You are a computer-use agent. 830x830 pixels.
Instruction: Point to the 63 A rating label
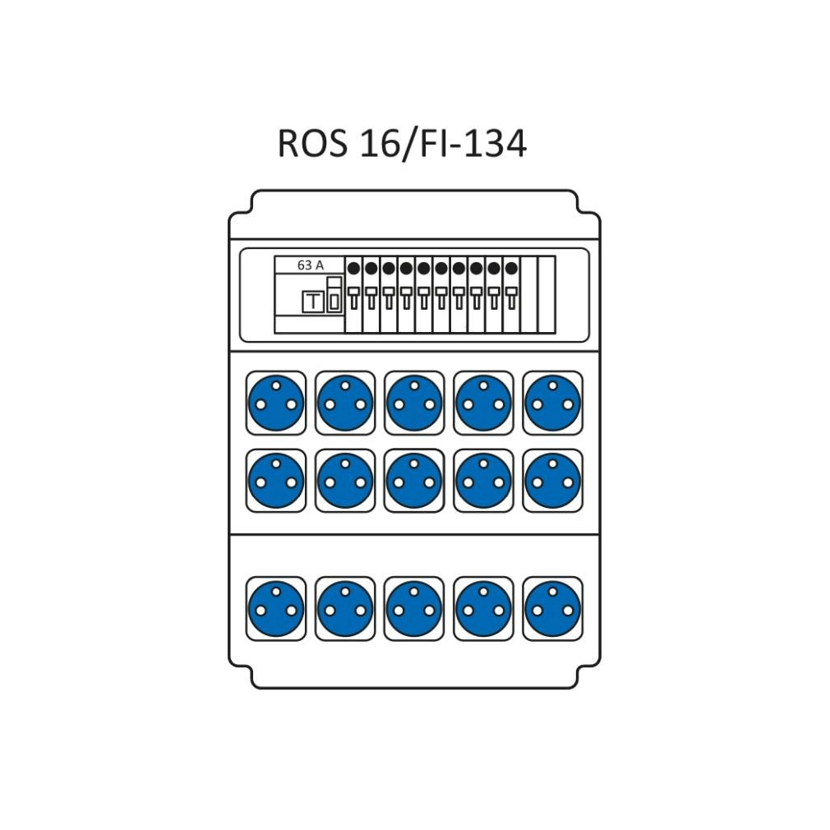coord(310,265)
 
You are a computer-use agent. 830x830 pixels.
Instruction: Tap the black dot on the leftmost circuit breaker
coord(353,268)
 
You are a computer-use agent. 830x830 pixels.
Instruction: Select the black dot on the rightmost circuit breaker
coord(510,268)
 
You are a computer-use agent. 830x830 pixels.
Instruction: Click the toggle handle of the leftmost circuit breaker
coord(353,297)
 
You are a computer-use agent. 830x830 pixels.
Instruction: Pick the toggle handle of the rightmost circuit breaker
coord(510,297)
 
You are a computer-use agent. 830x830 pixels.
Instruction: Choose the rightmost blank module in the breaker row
coord(546,295)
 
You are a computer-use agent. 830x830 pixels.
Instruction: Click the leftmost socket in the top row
coord(276,403)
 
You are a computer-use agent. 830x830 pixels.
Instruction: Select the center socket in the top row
coord(414,403)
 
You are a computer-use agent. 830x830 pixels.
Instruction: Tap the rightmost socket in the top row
coord(552,403)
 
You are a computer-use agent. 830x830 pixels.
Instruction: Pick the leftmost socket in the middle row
coord(276,482)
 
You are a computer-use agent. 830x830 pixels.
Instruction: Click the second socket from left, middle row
coord(345,482)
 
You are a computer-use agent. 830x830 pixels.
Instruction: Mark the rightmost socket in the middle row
coord(552,482)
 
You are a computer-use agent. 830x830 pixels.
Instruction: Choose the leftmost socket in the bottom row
coord(276,608)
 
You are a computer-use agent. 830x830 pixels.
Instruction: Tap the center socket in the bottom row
coord(414,608)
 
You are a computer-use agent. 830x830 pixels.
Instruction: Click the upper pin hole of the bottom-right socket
coord(552,590)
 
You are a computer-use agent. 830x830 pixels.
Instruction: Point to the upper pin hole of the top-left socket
coord(276,385)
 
